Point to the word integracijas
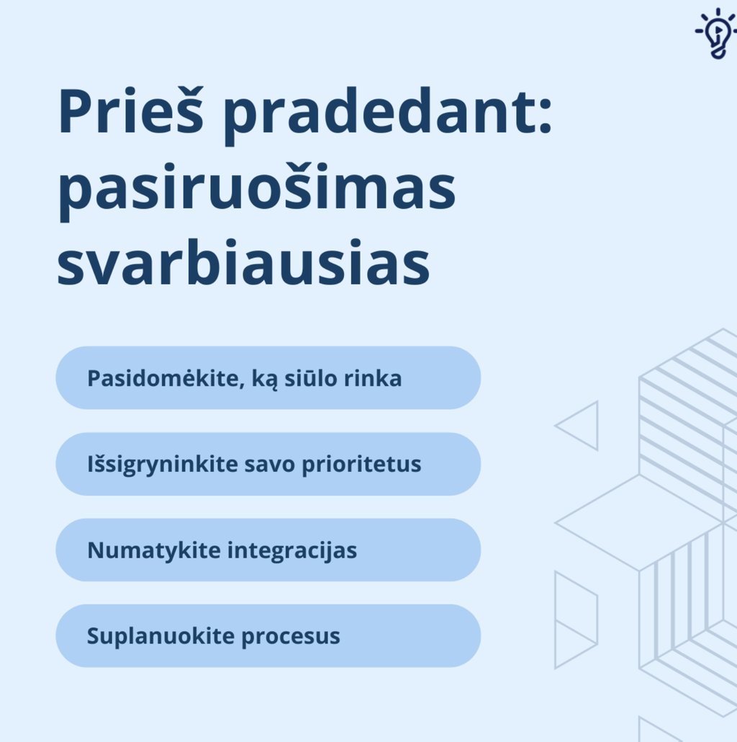pyautogui.click(x=292, y=551)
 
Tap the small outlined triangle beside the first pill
pyautogui.click(x=582, y=426)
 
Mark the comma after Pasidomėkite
pyautogui.click(x=242, y=385)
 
